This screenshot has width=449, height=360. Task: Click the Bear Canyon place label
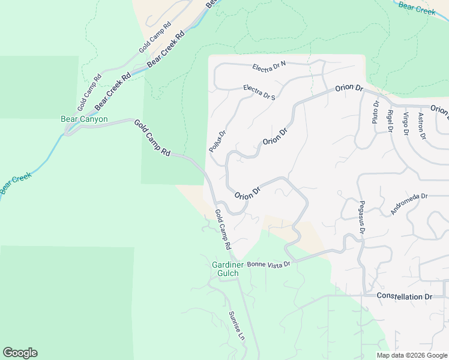85,119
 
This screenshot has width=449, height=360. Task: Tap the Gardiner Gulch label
226,269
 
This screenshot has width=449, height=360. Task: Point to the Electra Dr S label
259,92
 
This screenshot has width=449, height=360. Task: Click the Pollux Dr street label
217,142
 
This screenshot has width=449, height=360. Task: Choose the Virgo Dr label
406,123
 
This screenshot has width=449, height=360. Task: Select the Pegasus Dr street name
362,217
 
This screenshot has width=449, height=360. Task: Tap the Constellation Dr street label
404,296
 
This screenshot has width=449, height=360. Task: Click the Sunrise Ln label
237,326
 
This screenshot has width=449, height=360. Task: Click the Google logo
20,353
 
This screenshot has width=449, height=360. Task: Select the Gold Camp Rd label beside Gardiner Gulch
223,229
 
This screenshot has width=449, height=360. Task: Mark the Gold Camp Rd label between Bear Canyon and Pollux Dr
152,139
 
